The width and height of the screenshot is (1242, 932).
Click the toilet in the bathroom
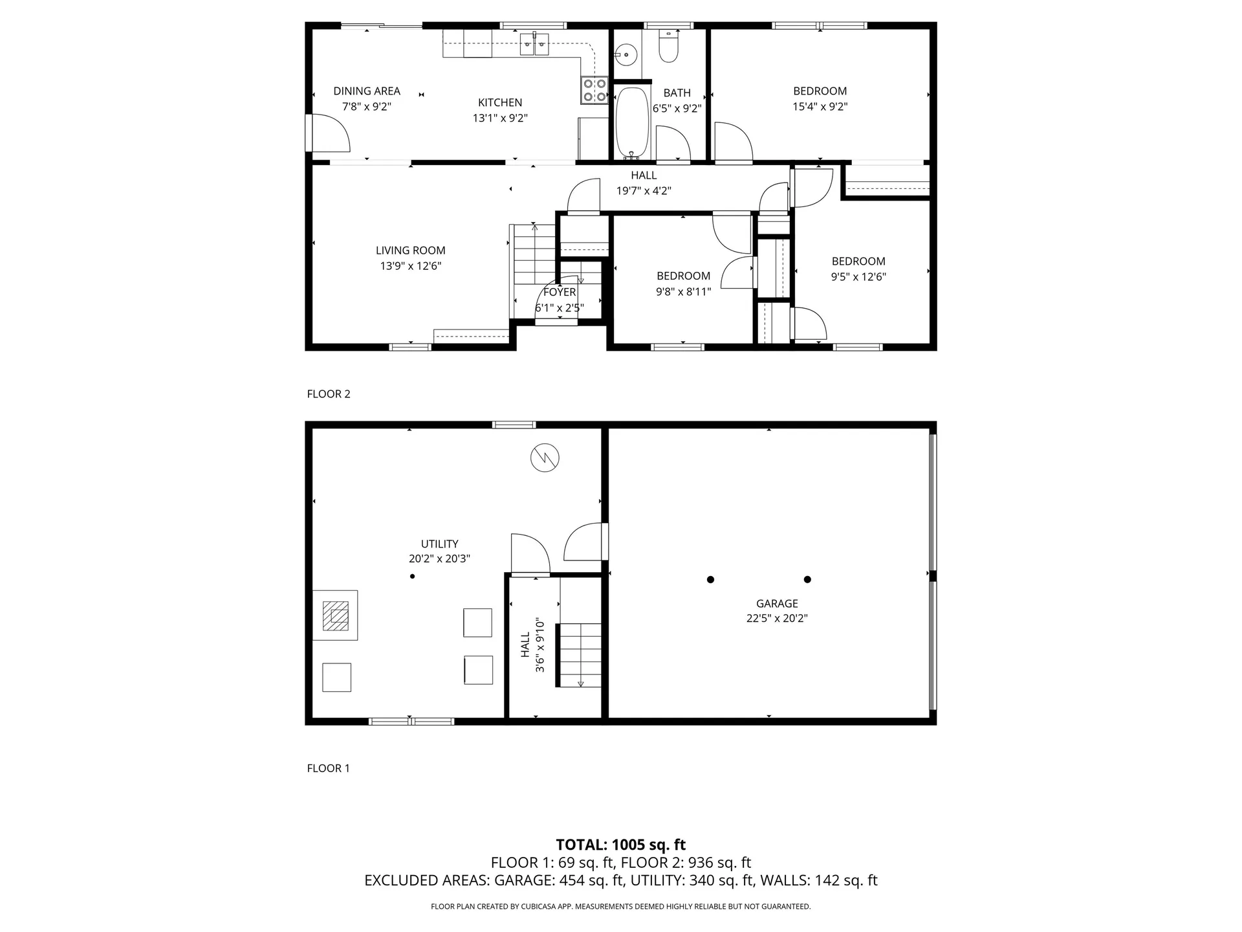(x=668, y=47)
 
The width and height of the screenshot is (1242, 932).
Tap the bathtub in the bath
(x=632, y=123)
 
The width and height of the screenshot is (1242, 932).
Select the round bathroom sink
(x=626, y=55)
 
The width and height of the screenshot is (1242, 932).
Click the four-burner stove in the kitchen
(x=594, y=90)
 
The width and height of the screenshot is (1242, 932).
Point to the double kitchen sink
(x=535, y=45)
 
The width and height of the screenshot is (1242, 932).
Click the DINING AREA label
(x=367, y=91)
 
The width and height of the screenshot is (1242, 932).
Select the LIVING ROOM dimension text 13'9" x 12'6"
(x=411, y=266)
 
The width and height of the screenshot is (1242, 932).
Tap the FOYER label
(x=560, y=293)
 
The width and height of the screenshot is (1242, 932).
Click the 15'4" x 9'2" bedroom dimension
(x=820, y=107)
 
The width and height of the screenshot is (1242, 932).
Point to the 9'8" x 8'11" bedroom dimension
(x=684, y=292)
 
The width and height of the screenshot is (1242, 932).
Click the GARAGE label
(x=777, y=603)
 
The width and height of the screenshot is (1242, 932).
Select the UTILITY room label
(x=440, y=544)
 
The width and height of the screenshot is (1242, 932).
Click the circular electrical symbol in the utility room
(x=545, y=458)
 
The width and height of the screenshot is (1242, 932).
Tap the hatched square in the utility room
(x=336, y=616)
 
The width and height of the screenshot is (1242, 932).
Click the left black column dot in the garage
(x=710, y=579)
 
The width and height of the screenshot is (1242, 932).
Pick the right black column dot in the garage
(x=807, y=579)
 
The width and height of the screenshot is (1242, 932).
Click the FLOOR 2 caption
(x=329, y=394)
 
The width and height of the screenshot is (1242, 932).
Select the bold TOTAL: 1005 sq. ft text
(x=621, y=845)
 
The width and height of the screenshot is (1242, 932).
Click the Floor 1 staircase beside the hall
(x=580, y=655)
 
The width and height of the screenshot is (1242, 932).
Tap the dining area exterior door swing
(x=331, y=133)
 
